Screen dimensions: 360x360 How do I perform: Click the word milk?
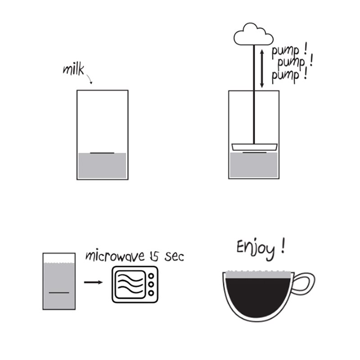point(73,69)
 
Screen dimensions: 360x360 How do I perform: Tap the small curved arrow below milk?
point(90,79)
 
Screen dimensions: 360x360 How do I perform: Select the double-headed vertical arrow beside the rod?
point(262,69)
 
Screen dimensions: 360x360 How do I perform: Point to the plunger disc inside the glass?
point(254,147)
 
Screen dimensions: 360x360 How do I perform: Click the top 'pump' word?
point(285,52)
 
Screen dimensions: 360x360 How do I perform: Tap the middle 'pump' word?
point(291,63)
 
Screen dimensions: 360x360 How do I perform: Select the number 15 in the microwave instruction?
point(153,256)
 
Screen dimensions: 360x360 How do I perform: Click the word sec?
point(174,257)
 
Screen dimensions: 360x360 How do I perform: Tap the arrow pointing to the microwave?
point(93,282)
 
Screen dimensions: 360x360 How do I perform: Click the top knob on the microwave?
point(151,275)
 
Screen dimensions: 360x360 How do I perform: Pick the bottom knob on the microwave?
point(151,293)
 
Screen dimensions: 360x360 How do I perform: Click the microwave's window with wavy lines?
point(130,284)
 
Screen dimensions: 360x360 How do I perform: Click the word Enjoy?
point(256,249)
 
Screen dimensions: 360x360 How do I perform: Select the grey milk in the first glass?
point(103,165)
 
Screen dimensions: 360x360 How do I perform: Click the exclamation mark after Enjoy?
point(283,245)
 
